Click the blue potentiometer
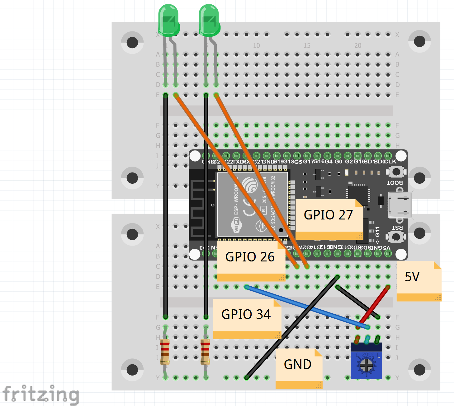tap(367, 361)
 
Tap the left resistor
tap(165, 352)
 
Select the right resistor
tap(205, 352)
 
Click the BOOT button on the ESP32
tap(396, 172)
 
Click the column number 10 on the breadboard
tap(256, 46)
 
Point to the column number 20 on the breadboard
tap(358, 46)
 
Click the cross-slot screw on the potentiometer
tap(367, 365)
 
